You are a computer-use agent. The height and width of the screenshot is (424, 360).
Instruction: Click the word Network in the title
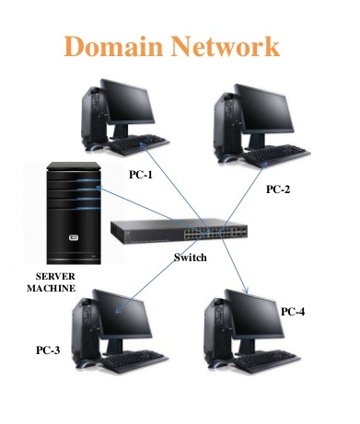(226, 45)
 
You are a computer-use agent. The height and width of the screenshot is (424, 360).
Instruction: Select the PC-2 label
(277, 189)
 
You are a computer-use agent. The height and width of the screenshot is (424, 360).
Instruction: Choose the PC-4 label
(292, 312)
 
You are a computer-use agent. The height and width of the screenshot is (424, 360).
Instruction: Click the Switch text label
(191, 257)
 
